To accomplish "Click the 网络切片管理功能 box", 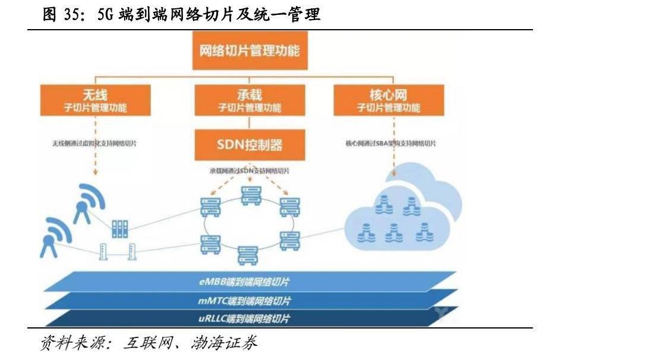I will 249,49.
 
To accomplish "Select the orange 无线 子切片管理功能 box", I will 95,100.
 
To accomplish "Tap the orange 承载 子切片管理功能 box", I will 249,100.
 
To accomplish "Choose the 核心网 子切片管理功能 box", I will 388,100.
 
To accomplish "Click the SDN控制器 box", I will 249,145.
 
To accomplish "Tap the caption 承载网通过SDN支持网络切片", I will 250,170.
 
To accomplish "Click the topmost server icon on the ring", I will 250,195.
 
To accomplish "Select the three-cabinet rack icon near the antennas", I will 119,228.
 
